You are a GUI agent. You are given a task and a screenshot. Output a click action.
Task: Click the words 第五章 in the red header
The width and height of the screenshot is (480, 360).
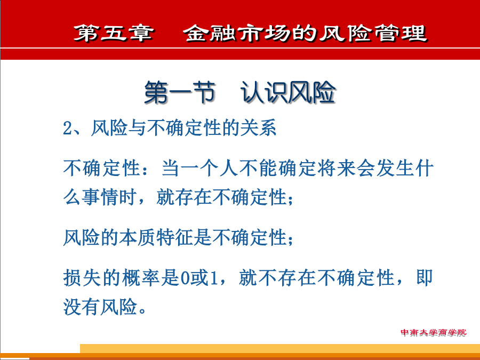114,33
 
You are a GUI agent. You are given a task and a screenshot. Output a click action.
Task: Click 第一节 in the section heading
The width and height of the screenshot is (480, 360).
180,92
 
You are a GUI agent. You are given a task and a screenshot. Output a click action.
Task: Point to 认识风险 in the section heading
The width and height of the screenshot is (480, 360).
288,92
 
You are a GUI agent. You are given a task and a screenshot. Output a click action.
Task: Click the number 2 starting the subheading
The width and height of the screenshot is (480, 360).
67,128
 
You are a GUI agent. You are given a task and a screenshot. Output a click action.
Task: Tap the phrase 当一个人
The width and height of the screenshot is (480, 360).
199,169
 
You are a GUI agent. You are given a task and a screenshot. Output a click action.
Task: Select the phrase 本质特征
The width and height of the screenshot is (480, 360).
156,237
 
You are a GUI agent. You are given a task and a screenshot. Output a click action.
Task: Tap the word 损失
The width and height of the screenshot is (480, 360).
82,278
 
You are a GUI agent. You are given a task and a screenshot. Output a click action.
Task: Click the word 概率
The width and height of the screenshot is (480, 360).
141,278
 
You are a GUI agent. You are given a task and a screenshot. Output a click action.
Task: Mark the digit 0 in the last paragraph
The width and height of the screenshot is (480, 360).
185,278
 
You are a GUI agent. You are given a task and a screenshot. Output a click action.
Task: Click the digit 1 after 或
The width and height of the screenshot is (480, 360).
214,278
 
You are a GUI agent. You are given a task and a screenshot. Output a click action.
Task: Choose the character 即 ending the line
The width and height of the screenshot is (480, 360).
425,278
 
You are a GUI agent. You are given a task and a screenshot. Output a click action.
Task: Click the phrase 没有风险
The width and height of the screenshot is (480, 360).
100,307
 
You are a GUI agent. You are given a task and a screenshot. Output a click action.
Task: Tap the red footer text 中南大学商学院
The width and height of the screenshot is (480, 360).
433,332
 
